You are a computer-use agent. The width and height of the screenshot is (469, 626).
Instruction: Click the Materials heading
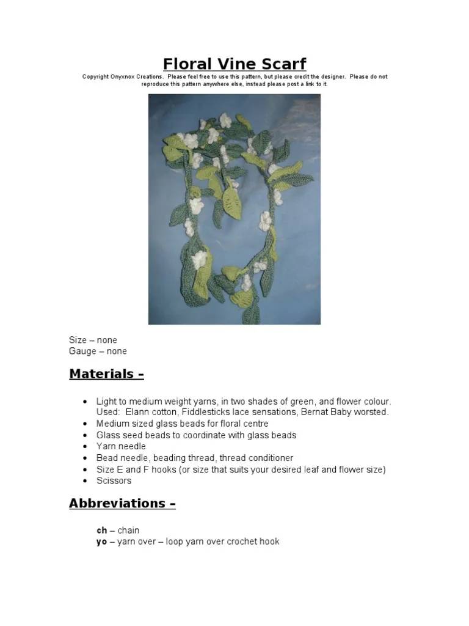106,374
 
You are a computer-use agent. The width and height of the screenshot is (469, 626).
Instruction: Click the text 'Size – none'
93,340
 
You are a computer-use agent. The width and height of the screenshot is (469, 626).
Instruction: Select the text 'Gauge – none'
98,352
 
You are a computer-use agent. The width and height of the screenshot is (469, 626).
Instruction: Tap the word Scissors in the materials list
114,481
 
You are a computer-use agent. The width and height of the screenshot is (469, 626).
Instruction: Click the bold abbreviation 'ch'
101,530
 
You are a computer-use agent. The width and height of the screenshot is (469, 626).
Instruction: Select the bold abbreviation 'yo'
101,542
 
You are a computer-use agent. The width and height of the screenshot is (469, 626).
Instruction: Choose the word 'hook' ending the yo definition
269,542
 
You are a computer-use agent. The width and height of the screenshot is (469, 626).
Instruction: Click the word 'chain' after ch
128,530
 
